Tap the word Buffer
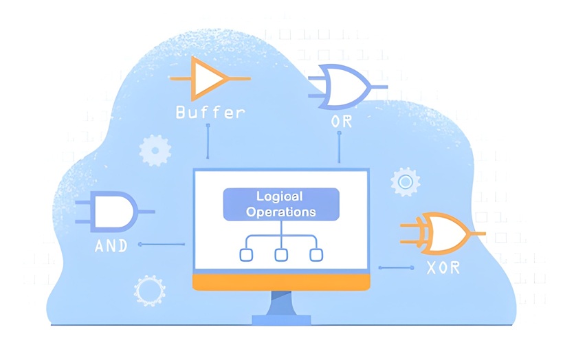(x=210, y=112)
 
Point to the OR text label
(x=342, y=122)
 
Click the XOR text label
(x=440, y=268)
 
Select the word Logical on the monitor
(x=280, y=196)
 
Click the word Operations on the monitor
(x=280, y=212)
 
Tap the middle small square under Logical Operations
(x=280, y=255)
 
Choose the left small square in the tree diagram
(x=245, y=255)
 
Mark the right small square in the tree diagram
(x=316, y=255)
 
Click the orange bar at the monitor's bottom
(x=281, y=282)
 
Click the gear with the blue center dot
(x=405, y=182)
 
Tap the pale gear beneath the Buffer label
(x=155, y=149)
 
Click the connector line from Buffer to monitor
(x=208, y=142)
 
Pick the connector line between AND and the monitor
(x=163, y=244)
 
